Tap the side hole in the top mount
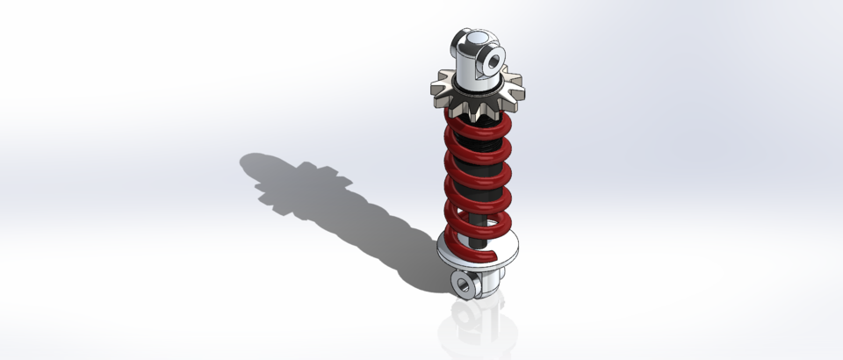(x=494, y=61)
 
